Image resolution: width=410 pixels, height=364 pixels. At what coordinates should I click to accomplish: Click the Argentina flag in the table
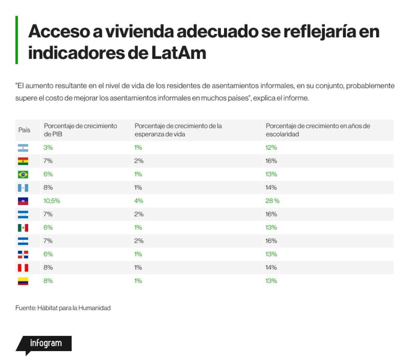click(x=23, y=148)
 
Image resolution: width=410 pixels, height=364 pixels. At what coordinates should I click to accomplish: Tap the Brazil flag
click(x=23, y=175)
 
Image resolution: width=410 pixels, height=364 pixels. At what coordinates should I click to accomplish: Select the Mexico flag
click(x=23, y=228)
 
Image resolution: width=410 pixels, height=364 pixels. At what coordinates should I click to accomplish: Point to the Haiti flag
click(x=23, y=201)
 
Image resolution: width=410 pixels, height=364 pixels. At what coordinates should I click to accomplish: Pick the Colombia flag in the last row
click(x=23, y=281)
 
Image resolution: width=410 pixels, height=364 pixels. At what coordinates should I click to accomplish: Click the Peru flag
click(x=23, y=268)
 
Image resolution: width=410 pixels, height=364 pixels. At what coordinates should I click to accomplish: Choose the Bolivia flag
click(x=23, y=161)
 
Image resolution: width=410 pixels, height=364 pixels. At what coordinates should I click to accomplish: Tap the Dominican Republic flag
click(x=23, y=255)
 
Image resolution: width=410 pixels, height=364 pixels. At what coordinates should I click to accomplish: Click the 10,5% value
click(x=52, y=201)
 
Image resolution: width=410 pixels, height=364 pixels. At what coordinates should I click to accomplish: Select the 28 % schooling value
click(x=273, y=201)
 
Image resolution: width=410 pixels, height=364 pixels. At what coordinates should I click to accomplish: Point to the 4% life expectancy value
click(x=139, y=201)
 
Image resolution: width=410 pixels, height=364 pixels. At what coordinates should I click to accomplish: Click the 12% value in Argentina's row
click(x=271, y=148)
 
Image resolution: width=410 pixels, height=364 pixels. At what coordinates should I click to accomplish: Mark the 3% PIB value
click(x=48, y=148)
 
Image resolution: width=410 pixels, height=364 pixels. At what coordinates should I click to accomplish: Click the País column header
click(x=24, y=130)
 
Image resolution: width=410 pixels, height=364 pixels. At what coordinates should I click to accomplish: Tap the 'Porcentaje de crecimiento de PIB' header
click(x=80, y=130)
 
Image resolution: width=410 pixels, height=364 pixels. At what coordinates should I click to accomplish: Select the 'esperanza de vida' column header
click(x=178, y=130)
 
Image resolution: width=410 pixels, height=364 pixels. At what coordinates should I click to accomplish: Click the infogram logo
click(x=44, y=345)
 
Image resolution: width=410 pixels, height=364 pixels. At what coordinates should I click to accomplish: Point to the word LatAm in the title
click(x=179, y=53)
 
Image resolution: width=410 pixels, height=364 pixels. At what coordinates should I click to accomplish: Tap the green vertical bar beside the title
click(x=17, y=40)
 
